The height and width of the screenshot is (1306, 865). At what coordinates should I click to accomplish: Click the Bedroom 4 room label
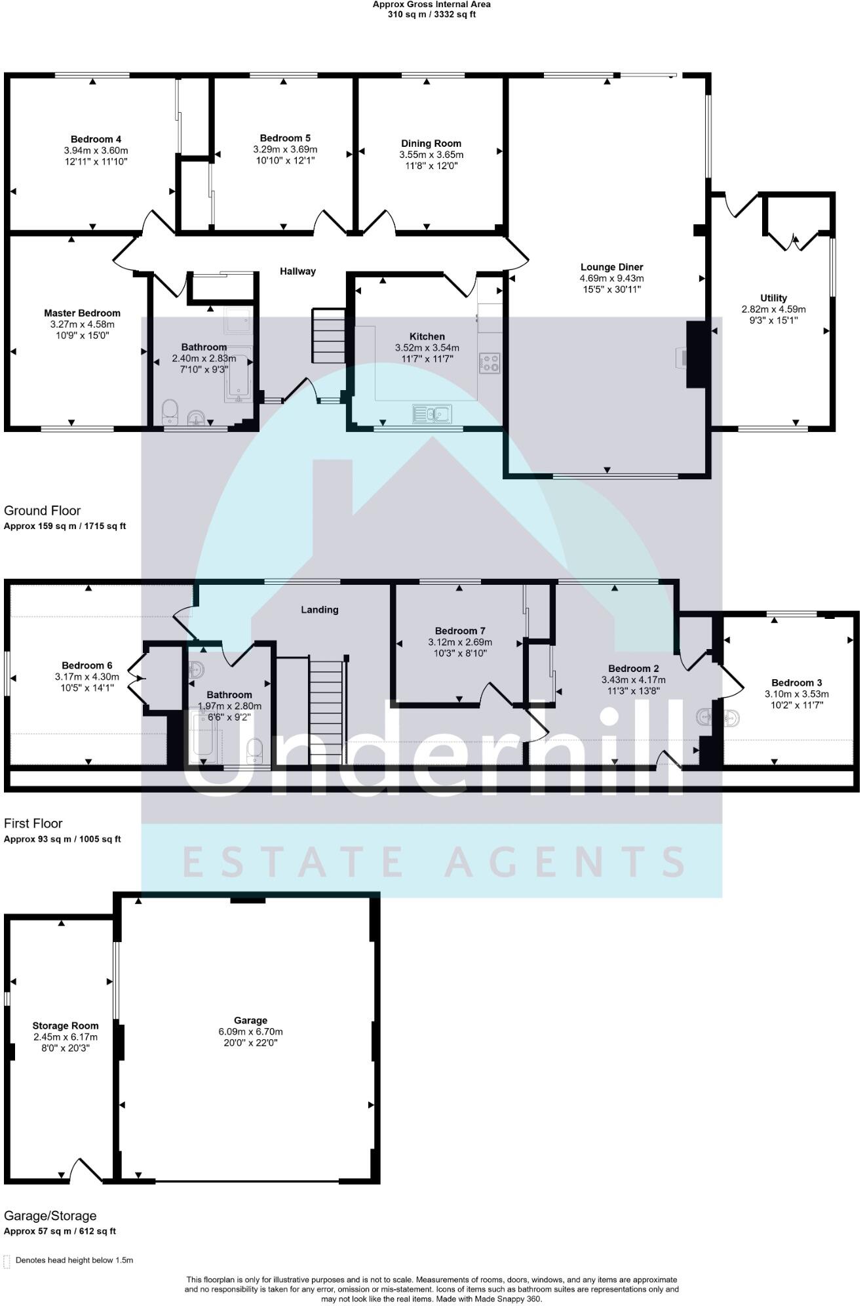coord(96,139)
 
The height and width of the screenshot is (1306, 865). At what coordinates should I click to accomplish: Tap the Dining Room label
coord(431,144)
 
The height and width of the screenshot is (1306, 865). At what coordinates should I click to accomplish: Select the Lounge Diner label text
coord(611,267)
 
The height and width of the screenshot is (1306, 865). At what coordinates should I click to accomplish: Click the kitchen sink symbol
coord(432,414)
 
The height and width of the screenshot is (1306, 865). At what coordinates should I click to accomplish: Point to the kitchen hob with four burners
coord(490,363)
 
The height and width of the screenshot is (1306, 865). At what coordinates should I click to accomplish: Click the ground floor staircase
coord(328,336)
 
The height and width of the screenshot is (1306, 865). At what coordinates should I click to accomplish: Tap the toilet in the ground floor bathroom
coord(170,411)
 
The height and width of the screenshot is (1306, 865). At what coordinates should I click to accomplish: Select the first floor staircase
coord(326,712)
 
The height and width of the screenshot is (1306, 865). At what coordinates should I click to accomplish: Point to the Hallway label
coord(298,271)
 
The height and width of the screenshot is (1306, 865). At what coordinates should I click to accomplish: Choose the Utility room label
coord(773,298)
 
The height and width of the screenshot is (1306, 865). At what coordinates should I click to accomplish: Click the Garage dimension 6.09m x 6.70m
coord(250,1031)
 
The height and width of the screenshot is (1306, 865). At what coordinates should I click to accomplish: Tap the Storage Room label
coord(66,1025)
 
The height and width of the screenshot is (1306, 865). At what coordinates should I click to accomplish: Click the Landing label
coord(319,610)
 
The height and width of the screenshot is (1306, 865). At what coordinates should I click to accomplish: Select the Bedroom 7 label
coord(460,631)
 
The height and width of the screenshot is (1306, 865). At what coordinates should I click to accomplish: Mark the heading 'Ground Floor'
coord(43,510)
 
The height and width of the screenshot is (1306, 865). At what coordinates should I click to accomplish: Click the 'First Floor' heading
coord(33,823)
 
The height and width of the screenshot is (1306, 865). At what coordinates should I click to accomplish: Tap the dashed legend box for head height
coord(7,1261)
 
